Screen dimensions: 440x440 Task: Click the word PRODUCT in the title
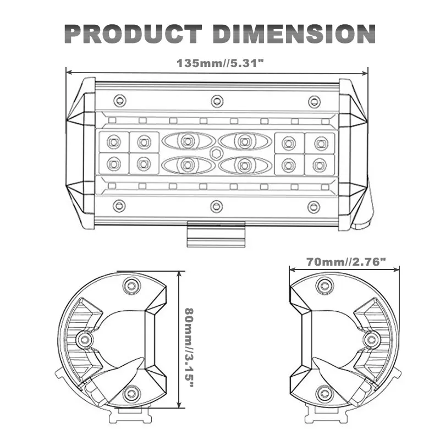(x=133, y=34)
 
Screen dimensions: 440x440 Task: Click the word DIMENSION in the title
(x=294, y=34)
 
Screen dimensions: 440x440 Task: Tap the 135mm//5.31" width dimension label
(x=221, y=63)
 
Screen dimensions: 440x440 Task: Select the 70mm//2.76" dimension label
(x=346, y=262)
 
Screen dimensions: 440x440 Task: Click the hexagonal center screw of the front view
(x=216, y=153)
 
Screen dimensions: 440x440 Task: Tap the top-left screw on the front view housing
(x=120, y=101)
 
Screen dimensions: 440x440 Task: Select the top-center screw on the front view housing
(x=217, y=101)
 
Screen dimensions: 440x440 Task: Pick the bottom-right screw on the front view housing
(x=313, y=207)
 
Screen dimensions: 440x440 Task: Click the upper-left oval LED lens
(x=187, y=141)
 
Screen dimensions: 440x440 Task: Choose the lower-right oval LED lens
(x=245, y=166)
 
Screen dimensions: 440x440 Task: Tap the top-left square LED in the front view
(x=114, y=142)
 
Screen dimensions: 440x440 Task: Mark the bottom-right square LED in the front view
(x=320, y=165)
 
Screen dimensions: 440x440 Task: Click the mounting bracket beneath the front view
(x=216, y=234)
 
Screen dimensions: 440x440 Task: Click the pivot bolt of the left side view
(x=84, y=340)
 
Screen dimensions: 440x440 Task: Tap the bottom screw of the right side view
(x=324, y=393)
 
